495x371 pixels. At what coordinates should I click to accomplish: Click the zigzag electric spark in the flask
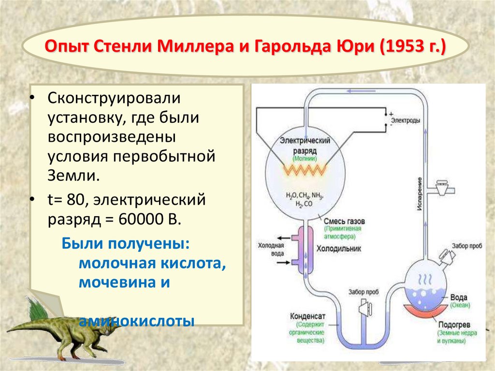[305, 169]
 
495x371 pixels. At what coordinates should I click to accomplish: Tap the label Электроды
[405, 120]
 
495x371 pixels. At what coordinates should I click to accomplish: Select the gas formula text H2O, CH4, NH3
[305, 196]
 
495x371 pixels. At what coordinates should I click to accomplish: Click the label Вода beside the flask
[458, 297]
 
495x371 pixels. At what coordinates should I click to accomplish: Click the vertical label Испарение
[421, 193]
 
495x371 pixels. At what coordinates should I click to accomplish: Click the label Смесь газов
[345, 221]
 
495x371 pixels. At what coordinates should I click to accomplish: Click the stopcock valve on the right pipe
[441, 187]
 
